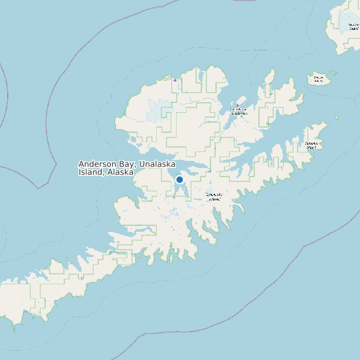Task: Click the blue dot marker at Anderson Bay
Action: point(179,179)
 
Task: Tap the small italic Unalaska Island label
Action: point(214,197)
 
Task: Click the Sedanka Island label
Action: point(312,144)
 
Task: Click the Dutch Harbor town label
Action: point(238,110)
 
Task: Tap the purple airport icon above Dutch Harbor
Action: point(238,105)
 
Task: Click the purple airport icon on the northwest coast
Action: point(175,80)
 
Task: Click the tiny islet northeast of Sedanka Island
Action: point(336,118)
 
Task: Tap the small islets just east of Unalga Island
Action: point(333,74)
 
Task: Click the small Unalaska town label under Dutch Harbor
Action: point(239,114)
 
